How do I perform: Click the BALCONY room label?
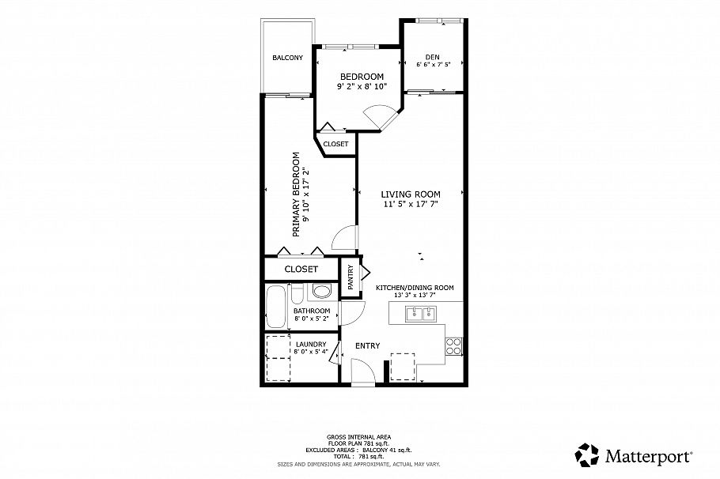(x=287, y=58)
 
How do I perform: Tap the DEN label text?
(x=432, y=57)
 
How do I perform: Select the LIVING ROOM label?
(x=410, y=194)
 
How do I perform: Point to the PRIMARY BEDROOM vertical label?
(x=297, y=194)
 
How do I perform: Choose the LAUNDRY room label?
(x=311, y=344)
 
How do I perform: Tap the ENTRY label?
(x=367, y=345)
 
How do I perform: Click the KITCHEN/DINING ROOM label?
(x=414, y=288)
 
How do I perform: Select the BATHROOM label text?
(x=311, y=311)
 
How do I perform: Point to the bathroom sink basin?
(x=321, y=292)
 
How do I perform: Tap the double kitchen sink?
(x=421, y=315)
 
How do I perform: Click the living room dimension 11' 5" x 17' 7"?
(x=410, y=204)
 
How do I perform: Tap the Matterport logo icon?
(x=587, y=455)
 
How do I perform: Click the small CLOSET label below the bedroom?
(x=335, y=144)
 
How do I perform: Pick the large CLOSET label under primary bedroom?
(x=301, y=270)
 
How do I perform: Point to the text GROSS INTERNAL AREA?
(x=359, y=436)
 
